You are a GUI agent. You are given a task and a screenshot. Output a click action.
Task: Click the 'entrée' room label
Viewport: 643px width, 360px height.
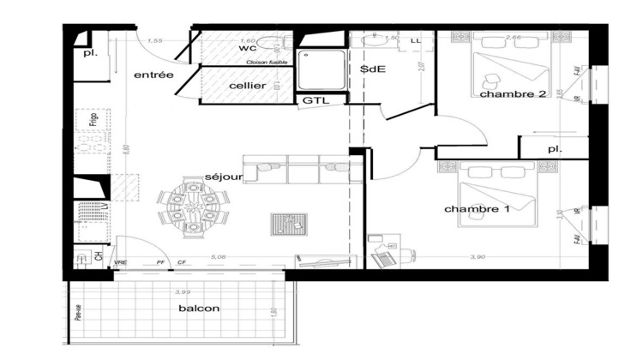(154, 75)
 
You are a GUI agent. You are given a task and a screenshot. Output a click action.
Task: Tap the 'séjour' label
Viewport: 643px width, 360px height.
(225, 177)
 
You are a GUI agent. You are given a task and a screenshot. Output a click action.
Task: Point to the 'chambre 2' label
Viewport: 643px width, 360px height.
(513, 94)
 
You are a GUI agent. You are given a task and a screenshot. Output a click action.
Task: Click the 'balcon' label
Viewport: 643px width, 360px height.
(199, 309)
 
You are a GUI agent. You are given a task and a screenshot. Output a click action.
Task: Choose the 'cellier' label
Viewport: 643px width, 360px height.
(247, 86)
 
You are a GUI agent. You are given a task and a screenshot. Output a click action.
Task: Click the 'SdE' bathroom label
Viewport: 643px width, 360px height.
(371, 69)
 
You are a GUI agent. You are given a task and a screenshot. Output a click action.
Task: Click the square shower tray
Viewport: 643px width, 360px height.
(319, 70)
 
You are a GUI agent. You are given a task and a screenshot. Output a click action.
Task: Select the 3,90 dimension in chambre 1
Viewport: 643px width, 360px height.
(476, 256)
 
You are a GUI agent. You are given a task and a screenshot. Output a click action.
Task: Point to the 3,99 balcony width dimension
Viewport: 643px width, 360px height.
(182, 292)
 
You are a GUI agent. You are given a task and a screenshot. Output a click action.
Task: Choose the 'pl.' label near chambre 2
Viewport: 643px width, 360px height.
(554, 149)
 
